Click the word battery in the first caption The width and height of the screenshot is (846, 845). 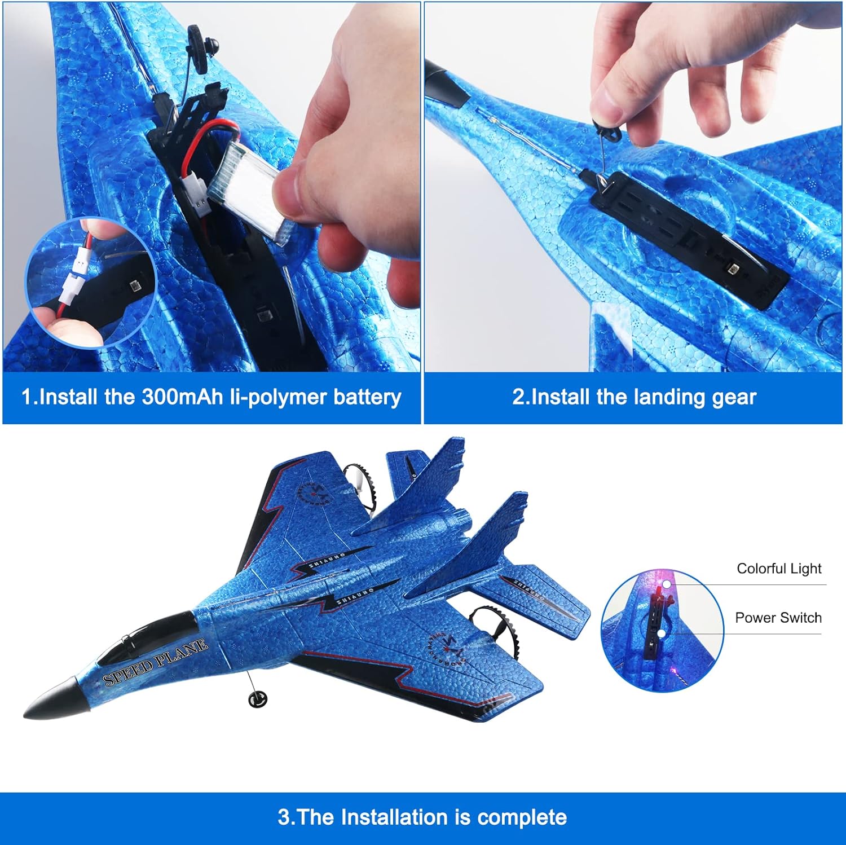(367, 398)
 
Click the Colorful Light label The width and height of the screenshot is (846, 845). (779, 569)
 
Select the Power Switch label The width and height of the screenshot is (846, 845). (778, 618)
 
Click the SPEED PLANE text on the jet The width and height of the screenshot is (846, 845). (156, 662)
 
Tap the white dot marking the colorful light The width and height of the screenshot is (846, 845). (666, 585)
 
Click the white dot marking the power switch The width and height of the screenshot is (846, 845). (660, 633)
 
